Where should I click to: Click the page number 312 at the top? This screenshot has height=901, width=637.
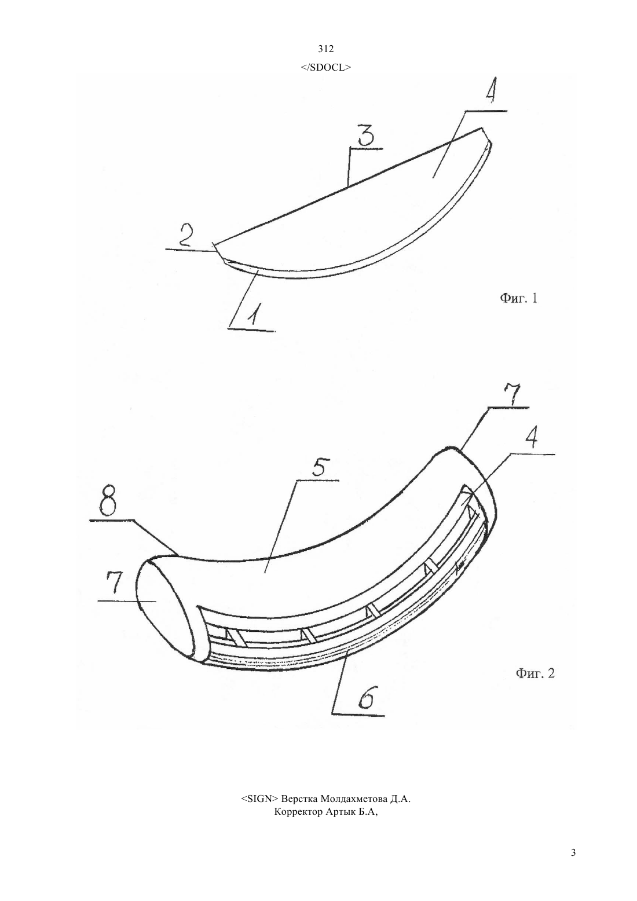tap(325, 49)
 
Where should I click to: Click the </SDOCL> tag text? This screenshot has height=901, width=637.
tap(325, 67)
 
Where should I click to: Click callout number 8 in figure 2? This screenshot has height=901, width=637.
tap(108, 503)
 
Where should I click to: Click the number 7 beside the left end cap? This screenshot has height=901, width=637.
tap(114, 584)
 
